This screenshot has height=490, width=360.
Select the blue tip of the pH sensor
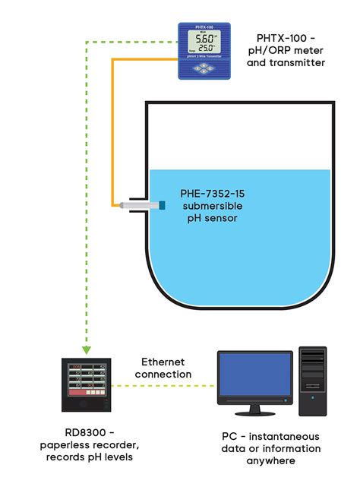coord(161,204)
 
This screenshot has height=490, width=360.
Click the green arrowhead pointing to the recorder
coord(87,349)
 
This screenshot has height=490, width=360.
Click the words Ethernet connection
coord(163,368)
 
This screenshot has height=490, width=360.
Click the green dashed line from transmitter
coord(87,190)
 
